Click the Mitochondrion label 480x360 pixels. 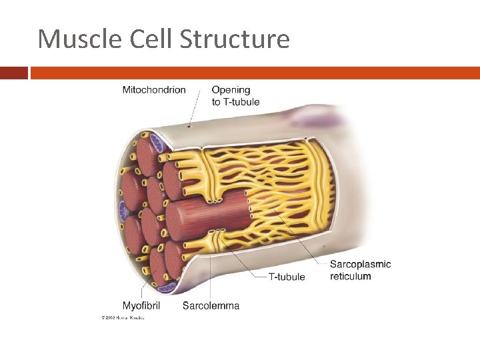(154, 90)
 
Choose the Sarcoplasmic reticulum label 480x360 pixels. (360, 270)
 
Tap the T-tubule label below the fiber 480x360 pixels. (286, 277)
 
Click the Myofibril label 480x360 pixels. (141, 306)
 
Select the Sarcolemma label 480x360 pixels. (211, 306)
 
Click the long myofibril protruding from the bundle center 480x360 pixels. (207, 215)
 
